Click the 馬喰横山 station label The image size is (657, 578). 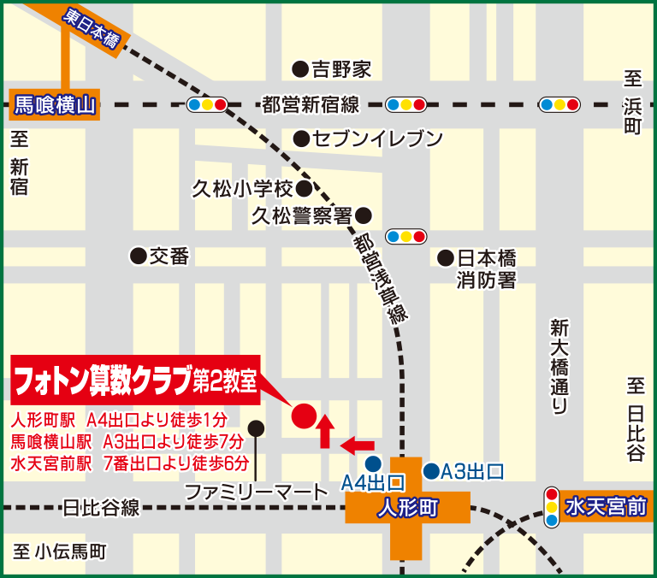[53, 106]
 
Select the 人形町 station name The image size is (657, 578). [407, 508]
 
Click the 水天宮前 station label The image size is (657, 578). [606, 508]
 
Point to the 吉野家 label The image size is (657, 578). [340, 68]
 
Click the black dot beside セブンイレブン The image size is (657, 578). [300, 138]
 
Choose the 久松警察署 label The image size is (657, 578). [302, 215]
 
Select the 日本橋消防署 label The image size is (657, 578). [486, 268]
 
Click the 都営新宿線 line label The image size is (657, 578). [311, 105]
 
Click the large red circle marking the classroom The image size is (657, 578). [304, 416]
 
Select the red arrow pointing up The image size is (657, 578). [325, 430]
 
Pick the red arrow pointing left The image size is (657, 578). [358, 445]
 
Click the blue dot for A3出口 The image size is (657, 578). [431, 470]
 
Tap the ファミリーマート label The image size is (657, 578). [257, 492]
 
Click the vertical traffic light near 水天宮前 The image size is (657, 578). [552, 507]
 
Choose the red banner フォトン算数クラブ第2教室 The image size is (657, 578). [135, 380]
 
